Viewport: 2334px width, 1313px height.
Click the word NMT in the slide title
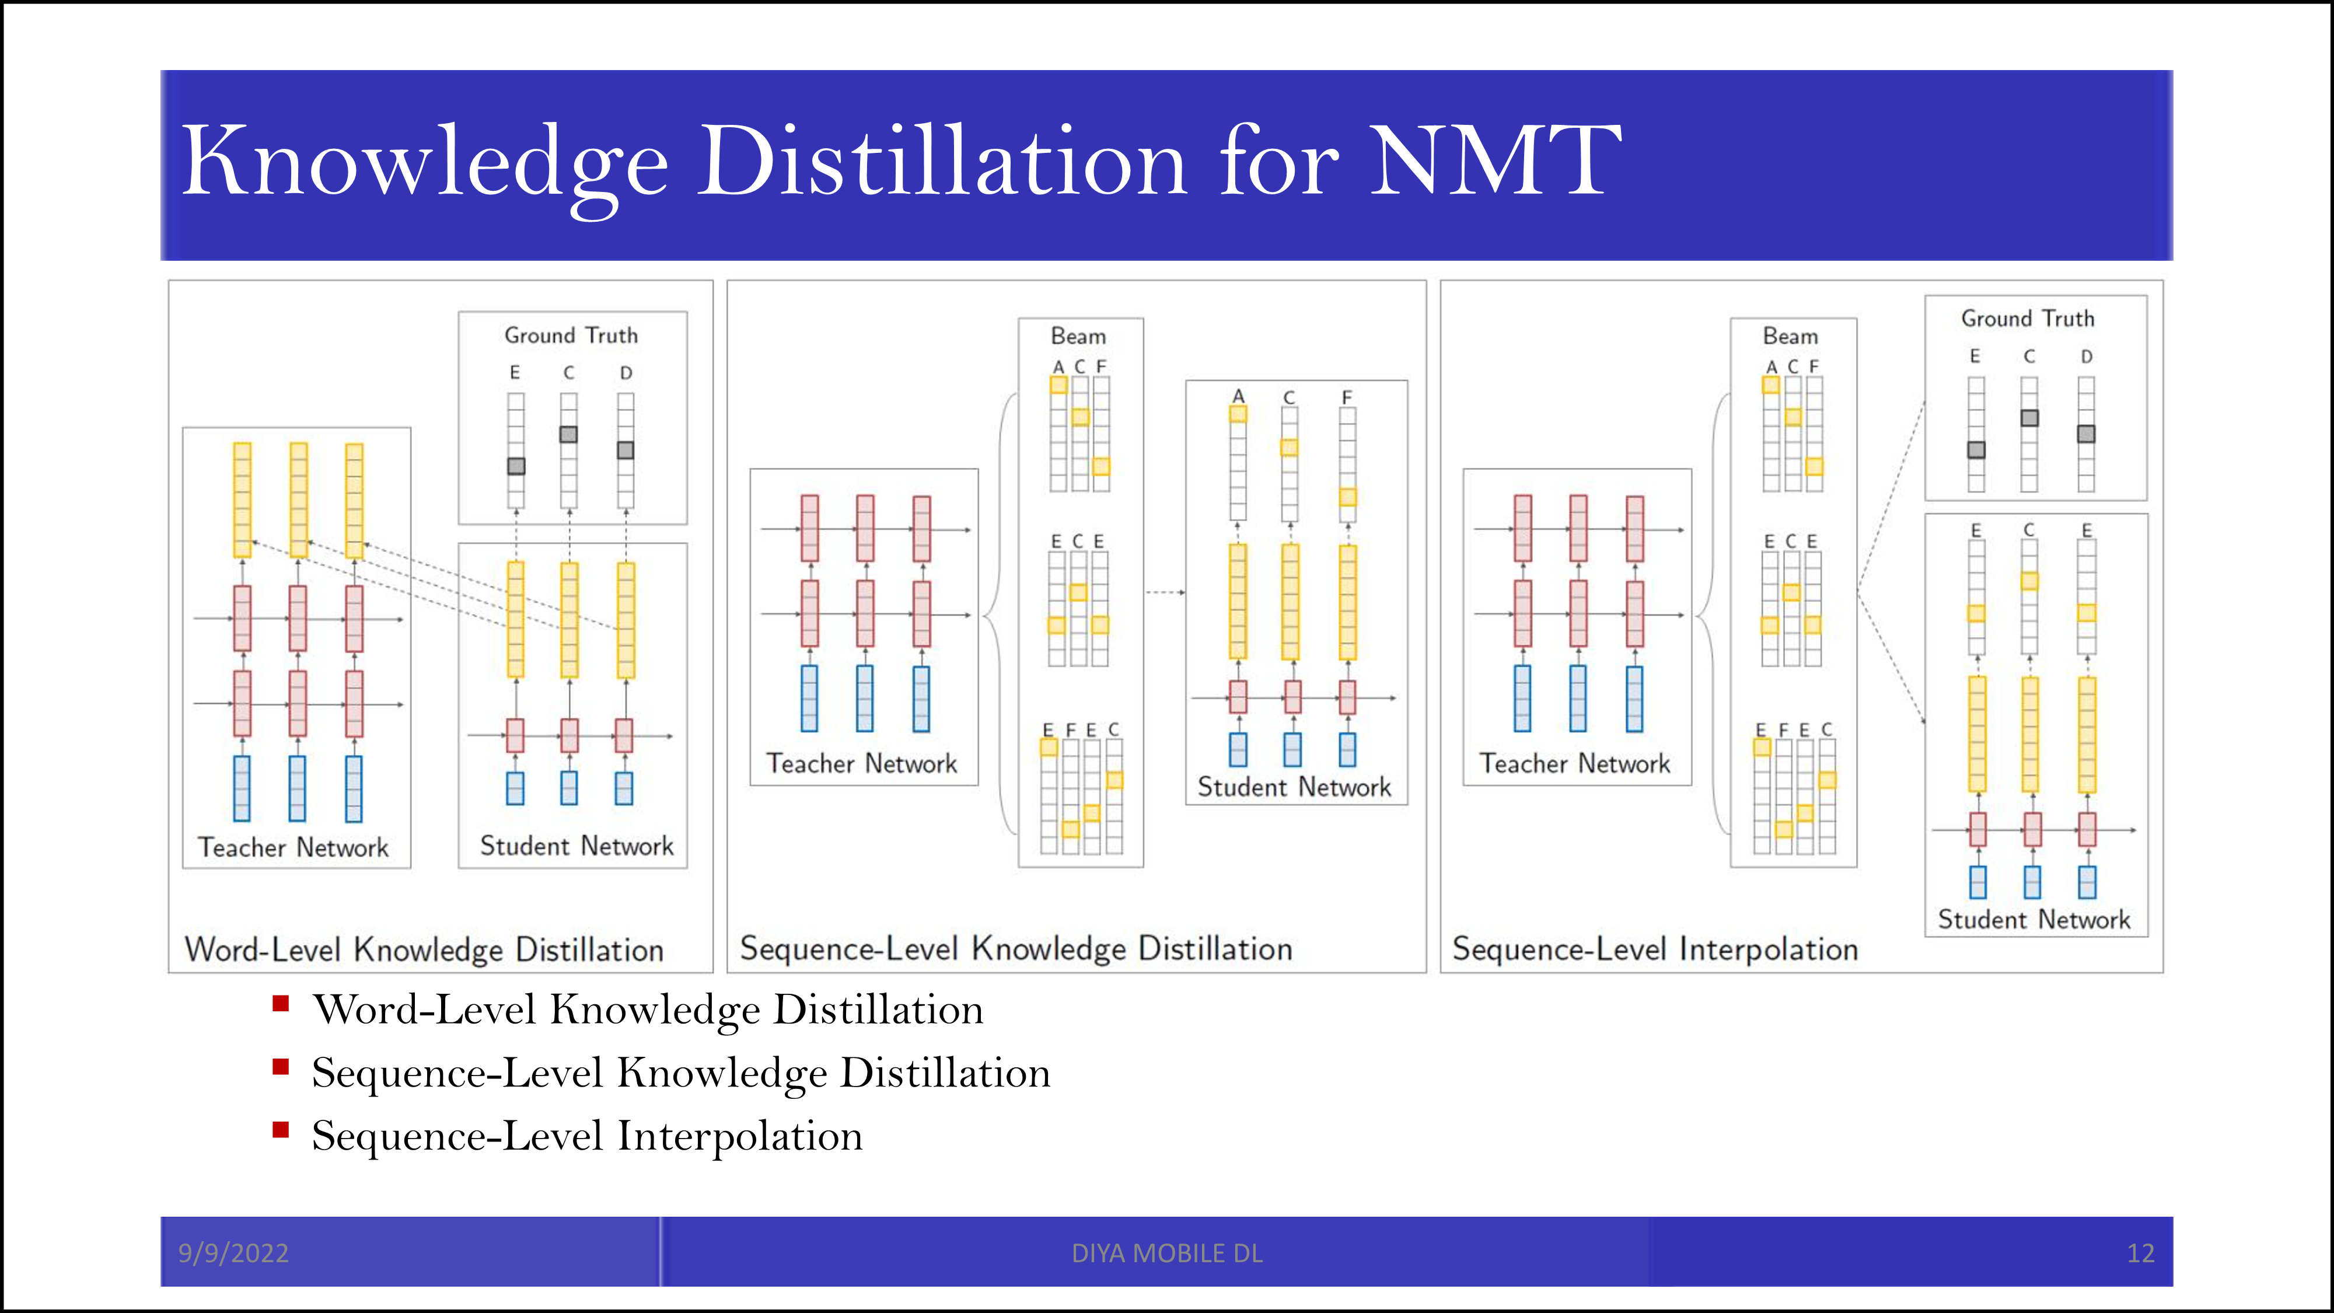point(1495,161)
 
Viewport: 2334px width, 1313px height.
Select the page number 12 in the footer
point(2140,1253)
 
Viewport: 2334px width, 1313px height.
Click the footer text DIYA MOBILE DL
point(1167,1253)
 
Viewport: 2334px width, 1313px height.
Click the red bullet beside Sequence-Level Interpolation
point(281,1130)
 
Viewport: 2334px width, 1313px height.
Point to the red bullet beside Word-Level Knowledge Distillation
point(281,1003)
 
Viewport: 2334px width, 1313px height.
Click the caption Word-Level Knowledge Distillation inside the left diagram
point(424,949)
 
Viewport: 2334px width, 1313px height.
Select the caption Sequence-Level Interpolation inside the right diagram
point(1654,949)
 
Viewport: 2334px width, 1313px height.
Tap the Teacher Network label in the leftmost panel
point(293,847)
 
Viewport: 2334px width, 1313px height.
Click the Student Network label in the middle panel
point(1294,787)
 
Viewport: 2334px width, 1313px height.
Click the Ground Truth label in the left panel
point(571,336)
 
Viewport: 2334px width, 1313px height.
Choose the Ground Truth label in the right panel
point(2028,319)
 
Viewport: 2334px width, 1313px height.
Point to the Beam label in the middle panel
point(1078,336)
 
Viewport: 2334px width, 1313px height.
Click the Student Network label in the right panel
point(2034,920)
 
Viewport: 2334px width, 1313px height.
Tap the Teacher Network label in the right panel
point(1575,764)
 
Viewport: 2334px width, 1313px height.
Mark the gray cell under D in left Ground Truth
point(625,451)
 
